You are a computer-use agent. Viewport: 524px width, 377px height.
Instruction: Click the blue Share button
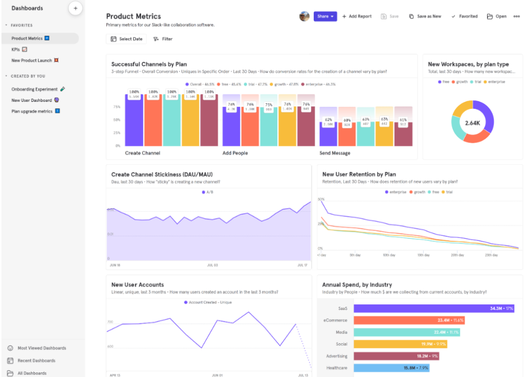click(x=325, y=16)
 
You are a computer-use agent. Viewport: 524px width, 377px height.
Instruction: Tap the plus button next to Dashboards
click(x=75, y=8)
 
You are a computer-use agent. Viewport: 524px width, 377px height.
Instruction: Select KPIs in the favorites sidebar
click(x=16, y=50)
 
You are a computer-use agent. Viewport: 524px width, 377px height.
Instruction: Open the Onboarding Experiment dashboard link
click(x=35, y=89)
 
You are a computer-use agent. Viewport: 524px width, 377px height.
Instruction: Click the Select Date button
click(x=126, y=39)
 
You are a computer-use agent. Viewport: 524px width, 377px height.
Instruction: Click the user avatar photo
click(x=304, y=16)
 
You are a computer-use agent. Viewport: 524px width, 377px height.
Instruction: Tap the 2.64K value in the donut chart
click(x=472, y=123)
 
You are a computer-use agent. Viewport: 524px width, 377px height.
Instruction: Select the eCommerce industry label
click(x=335, y=320)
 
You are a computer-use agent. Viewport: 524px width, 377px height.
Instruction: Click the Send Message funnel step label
click(x=335, y=153)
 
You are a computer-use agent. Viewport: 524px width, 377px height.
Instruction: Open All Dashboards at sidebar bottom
click(x=32, y=373)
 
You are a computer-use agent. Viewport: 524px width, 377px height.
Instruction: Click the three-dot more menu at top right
click(x=516, y=16)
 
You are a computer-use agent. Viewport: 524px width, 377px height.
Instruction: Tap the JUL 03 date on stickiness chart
click(x=212, y=265)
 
